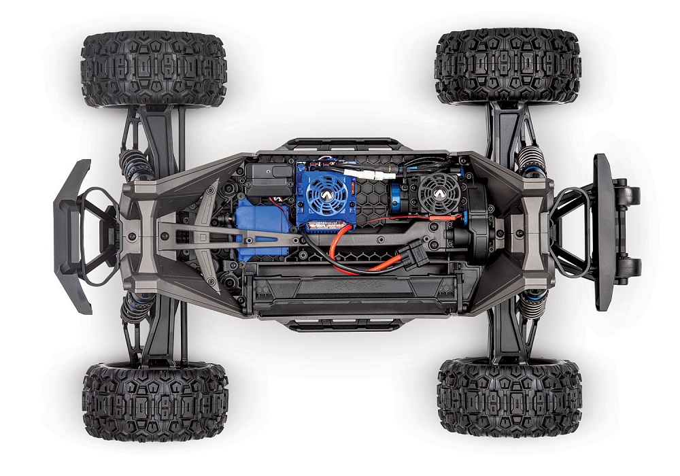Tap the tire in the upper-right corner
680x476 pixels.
[508, 66]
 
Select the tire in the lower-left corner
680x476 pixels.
[155, 402]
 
